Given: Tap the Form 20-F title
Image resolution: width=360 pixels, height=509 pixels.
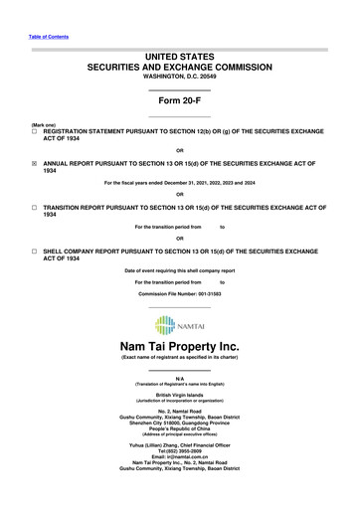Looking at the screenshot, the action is click(x=180, y=101).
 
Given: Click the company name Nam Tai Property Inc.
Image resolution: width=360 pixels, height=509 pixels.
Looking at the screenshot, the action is click(x=180, y=346).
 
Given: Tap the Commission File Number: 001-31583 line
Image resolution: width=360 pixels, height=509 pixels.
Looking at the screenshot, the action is click(x=180, y=295).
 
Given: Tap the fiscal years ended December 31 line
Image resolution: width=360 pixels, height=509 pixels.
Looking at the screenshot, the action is click(x=180, y=182).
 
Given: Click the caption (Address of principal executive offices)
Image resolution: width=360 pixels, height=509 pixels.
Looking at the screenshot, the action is click(x=180, y=429).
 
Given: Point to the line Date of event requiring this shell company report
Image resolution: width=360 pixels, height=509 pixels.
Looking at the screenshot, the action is click(x=180, y=270).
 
